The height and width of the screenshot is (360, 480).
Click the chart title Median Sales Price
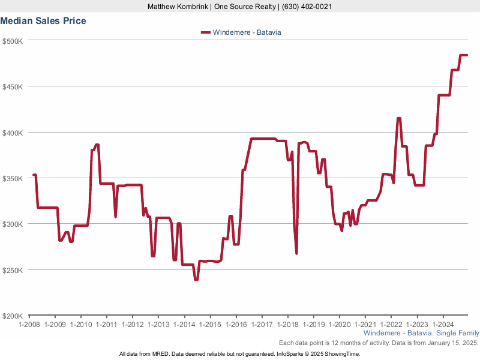tap(43, 21)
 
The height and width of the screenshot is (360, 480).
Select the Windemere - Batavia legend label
tap(247, 32)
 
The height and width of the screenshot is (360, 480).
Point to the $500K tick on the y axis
tap(13, 41)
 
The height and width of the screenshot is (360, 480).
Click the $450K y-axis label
tap(13, 86)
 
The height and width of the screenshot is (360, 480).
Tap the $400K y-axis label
tap(13, 133)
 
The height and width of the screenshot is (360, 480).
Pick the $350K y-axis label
tap(13, 178)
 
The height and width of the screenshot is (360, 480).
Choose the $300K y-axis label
tap(13, 224)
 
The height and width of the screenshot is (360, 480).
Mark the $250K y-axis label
tap(13, 270)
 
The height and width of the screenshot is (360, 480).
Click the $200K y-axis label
tap(13, 316)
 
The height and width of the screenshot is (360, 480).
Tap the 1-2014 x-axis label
tap(184, 325)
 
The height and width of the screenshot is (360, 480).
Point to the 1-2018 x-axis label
tap(287, 325)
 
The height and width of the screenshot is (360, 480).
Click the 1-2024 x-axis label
tap(443, 325)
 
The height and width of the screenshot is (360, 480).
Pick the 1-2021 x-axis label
tap(365, 325)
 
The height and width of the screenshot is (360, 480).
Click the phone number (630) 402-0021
tap(305, 7)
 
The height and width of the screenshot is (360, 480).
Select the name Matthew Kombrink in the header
tap(179, 7)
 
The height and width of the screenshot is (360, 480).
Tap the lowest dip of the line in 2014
tap(196, 280)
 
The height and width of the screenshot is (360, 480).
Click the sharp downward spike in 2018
tap(296, 253)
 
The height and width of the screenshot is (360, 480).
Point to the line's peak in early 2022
tap(398, 118)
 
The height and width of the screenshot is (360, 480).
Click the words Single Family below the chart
tap(459, 333)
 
